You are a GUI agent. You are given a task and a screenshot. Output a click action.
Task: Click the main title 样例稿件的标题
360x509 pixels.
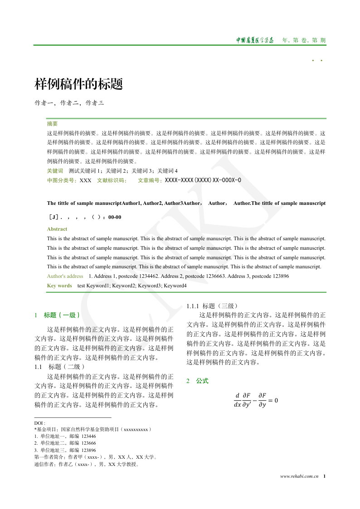pyautogui.click(x=79, y=84)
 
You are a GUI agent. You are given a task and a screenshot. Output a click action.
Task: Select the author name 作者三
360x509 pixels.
pyautogui.click(x=95, y=103)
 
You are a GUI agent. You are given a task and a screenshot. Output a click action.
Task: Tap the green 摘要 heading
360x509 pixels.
pyautogui.click(x=52, y=123)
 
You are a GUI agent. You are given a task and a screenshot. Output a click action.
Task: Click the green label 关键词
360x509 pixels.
pyautogui.click(x=55, y=171)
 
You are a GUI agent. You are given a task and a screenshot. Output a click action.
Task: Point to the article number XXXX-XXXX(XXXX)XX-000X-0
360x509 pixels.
pyautogui.click(x=203, y=180)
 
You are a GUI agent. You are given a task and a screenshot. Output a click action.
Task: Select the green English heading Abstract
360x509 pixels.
pyautogui.click(x=57, y=229)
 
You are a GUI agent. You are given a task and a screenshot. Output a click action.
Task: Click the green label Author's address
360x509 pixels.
pyautogui.click(x=65, y=276)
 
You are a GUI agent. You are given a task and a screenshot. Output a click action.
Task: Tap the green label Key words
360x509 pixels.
pyautogui.click(x=59, y=286)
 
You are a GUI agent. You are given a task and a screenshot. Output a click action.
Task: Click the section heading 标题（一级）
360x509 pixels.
pyautogui.click(x=63, y=315)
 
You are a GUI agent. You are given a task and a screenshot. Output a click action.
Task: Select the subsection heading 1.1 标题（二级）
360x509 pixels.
pyautogui.click(x=60, y=366)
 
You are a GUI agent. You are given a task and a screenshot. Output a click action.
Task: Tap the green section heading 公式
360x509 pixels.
pyautogui.click(x=202, y=381)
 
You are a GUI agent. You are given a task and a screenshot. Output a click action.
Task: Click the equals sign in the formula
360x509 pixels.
pyautogui.click(x=270, y=400)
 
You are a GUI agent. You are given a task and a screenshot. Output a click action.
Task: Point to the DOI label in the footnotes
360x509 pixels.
pyautogui.click(x=39, y=423)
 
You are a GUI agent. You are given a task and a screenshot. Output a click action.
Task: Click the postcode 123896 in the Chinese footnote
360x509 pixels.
pyautogui.click(x=88, y=451)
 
